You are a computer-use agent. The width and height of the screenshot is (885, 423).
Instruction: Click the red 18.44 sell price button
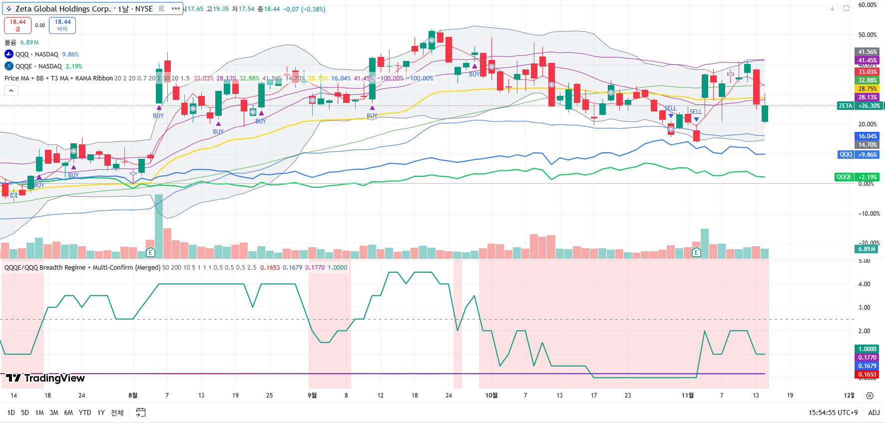17,25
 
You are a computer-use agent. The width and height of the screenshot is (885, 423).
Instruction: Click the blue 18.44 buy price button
62,25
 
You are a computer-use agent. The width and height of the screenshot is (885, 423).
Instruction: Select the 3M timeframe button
54,413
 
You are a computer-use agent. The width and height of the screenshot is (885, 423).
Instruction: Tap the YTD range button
85,413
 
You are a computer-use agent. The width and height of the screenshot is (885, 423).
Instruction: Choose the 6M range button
68,413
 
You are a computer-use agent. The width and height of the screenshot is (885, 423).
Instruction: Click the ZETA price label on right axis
846,106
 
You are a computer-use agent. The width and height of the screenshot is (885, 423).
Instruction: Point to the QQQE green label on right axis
844,177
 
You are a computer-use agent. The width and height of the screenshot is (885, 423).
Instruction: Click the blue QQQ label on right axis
846,155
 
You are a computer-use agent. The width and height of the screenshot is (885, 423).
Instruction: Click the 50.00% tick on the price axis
868,35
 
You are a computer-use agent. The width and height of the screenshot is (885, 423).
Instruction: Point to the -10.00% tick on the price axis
869,214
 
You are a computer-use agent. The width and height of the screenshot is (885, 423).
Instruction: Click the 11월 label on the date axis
688,396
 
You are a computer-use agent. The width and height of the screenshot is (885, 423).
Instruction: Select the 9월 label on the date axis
312,396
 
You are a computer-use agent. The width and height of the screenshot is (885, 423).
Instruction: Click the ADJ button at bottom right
874,413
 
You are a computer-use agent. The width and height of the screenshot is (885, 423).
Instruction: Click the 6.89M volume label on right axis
867,249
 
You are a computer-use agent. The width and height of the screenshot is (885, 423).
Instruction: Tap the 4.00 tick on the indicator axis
864,284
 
